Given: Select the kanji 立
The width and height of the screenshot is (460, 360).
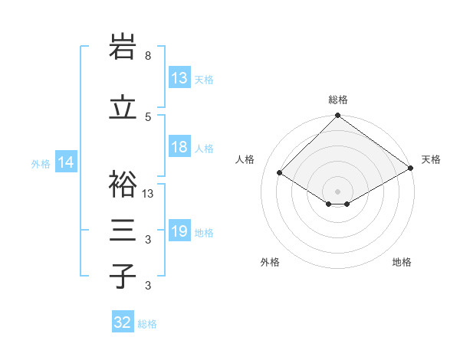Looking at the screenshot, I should point(123,106).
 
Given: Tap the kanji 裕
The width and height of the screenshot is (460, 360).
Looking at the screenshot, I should point(123,184).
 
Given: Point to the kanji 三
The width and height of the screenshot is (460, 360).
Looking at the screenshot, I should point(123,230).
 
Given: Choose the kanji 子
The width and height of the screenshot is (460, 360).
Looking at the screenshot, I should point(123,276).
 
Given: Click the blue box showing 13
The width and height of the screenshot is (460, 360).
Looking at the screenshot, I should point(179,78).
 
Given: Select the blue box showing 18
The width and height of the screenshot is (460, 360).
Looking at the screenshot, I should point(179,147).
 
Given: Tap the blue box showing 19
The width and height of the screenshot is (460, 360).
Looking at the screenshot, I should point(179,231).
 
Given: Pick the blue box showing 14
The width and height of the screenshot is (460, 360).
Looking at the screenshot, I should point(65,162).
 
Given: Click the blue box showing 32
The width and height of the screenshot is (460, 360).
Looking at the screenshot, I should point(123,322).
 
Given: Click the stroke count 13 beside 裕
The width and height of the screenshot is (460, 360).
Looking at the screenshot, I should point(149,194).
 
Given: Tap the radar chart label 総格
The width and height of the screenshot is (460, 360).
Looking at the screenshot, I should point(338,100).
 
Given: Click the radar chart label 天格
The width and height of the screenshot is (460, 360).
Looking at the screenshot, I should point(432,159).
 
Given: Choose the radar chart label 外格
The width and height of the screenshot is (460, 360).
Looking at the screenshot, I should point(270,262).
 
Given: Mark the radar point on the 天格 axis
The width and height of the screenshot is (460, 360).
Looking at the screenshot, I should point(411,169).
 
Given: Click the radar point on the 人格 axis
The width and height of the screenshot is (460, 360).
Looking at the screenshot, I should point(280,173).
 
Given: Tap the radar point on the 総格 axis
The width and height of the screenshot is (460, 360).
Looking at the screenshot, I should point(337,116).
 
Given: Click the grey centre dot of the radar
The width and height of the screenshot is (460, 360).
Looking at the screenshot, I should point(337,191).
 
